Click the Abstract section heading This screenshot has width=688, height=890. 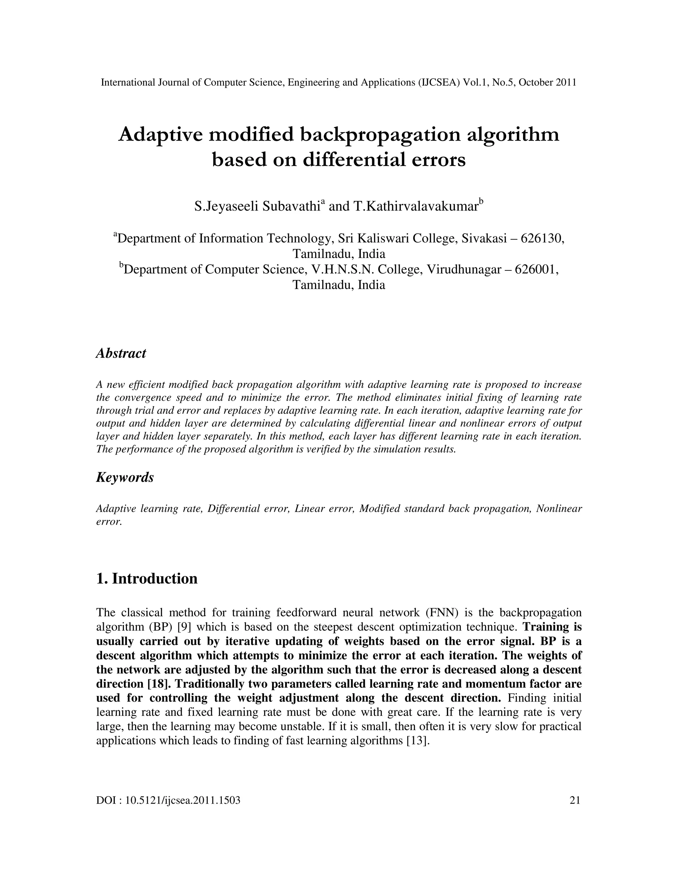(x=121, y=353)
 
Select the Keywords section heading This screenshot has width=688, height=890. (x=125, y=477)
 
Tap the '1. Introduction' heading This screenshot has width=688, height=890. (x=147, y=579)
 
